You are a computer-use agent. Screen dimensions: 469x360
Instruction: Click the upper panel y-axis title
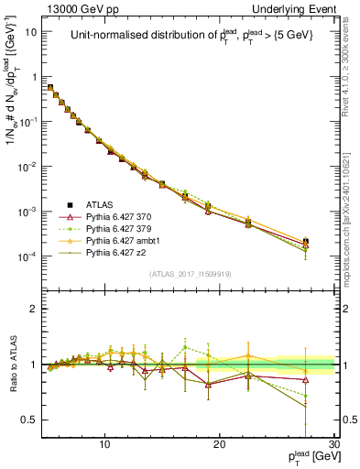[x=13, y=110]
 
